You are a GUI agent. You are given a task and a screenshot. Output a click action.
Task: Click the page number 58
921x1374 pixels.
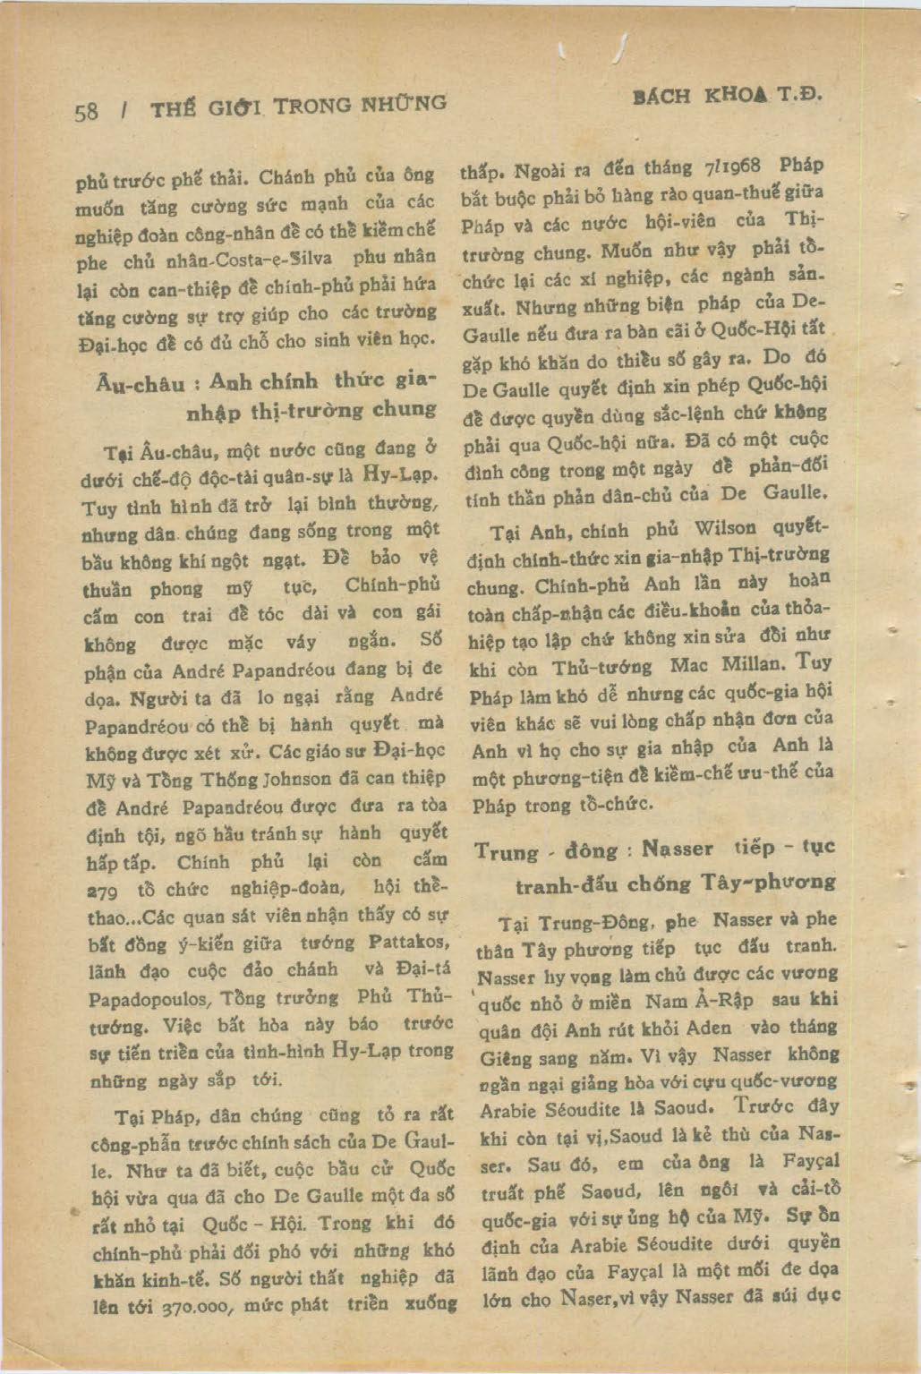(x=88, y=111)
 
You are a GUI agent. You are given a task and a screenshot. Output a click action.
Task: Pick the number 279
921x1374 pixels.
(x=104, y=892)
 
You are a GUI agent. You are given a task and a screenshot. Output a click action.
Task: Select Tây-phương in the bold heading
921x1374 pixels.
(x=776, y=883)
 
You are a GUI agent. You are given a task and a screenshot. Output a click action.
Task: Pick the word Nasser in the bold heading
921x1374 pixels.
(x=678, y=849)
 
